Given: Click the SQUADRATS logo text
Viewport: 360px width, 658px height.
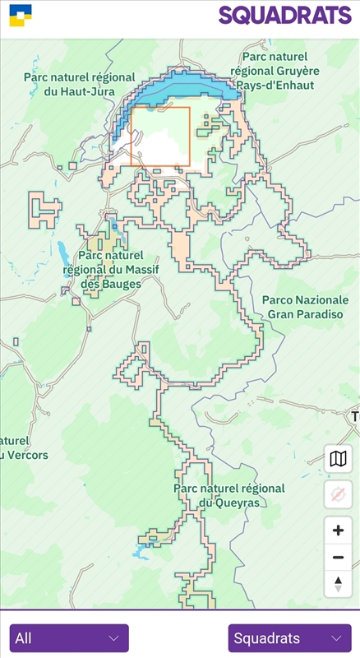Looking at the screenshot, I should coord(284,15).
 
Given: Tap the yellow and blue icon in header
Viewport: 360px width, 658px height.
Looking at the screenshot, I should coord(21,15).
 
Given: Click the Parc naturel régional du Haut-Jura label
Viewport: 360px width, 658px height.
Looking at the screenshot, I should coord(79,84).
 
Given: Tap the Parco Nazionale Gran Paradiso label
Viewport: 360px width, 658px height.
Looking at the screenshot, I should coord(305,307).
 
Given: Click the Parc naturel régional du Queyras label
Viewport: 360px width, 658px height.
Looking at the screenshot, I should coord(228,494).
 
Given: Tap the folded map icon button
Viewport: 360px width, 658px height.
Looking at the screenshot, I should coord(338,459).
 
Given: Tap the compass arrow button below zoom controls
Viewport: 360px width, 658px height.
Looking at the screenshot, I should coord(338,584).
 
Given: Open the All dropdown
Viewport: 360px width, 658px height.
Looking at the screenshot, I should coord(69,638).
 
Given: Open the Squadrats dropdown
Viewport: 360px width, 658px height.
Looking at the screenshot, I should coord(289,638).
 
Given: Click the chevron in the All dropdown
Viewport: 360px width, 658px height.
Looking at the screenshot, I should coord(113,638).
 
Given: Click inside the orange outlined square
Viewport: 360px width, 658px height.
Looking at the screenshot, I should coord(160,137).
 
